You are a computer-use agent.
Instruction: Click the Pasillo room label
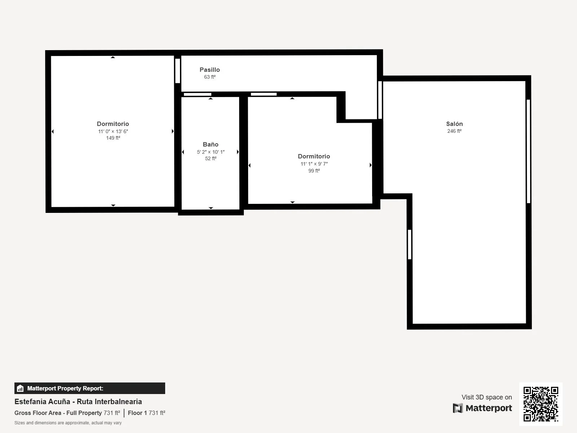[210, 70]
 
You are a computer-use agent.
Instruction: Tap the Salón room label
[454, 123]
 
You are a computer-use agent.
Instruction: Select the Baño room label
[211, 144]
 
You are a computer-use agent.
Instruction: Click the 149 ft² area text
[113, 138]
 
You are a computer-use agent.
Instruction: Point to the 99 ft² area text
[314, 171]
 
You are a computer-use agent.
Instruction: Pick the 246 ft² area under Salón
[454, 131]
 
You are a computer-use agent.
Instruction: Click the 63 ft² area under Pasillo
[210, 77]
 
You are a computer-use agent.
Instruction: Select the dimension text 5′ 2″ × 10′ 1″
[211, 152]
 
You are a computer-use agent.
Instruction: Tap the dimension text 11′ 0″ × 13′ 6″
[113, 131]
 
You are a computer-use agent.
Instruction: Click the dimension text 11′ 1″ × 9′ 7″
[314, 164]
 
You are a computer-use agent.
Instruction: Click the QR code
[541, 404]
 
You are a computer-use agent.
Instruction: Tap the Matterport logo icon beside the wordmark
[457, 408]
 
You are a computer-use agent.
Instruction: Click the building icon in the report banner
[20, 388]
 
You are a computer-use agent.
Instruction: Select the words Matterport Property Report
[65, 388]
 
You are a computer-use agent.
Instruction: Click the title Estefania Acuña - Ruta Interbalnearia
[78, 402]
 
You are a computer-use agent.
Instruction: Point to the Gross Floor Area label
[58, 413]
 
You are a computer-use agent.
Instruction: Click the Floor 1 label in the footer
[137, 413]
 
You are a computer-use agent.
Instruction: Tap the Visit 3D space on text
[486, 397]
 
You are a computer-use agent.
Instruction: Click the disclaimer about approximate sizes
[68, 423]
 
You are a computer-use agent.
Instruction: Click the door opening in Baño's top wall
[197, 95]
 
